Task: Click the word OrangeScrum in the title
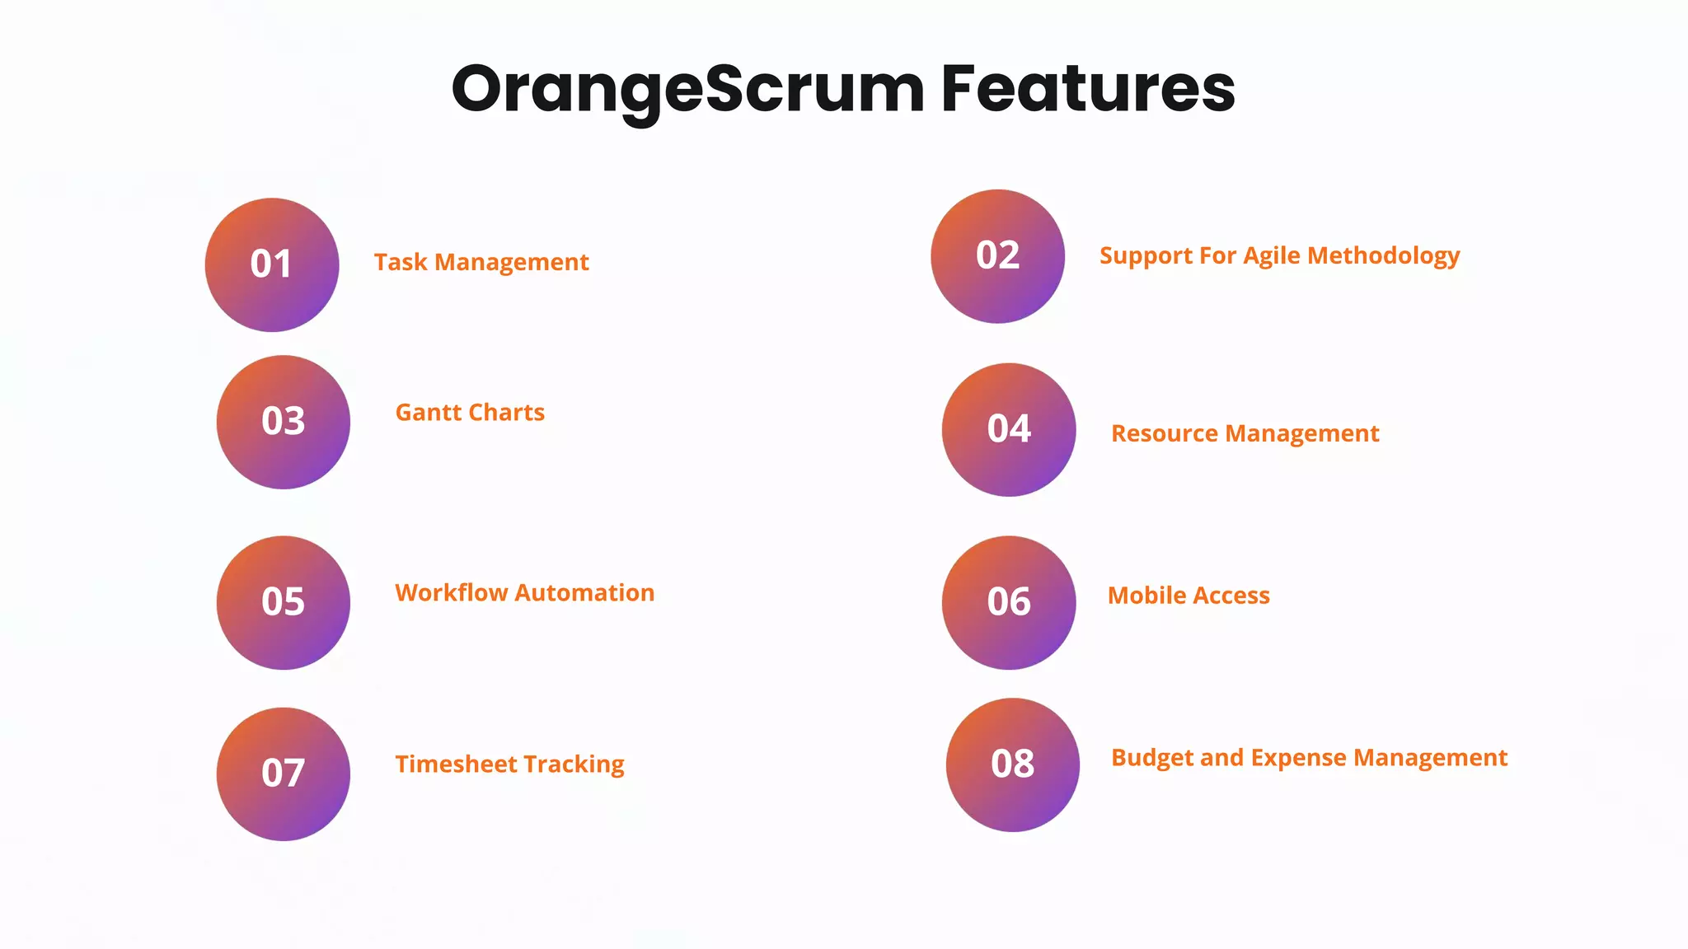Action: tap(688, 89)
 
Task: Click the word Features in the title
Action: tap(1088, 89)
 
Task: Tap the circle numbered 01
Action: tap(272, 264)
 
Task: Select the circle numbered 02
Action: tap(997, 256)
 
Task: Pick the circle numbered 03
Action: tap(283, 422)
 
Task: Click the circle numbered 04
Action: tap(1009, 429)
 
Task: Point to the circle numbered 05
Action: tap(283, 602)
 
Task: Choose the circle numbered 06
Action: tap(1009, 602)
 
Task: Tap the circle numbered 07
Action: tap(283, 774)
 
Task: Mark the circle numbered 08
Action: tap(1012, 764)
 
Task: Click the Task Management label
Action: tap(481, 262)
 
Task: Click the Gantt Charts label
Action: tap(470, 412)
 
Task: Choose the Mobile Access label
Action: tap(1189, 595)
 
